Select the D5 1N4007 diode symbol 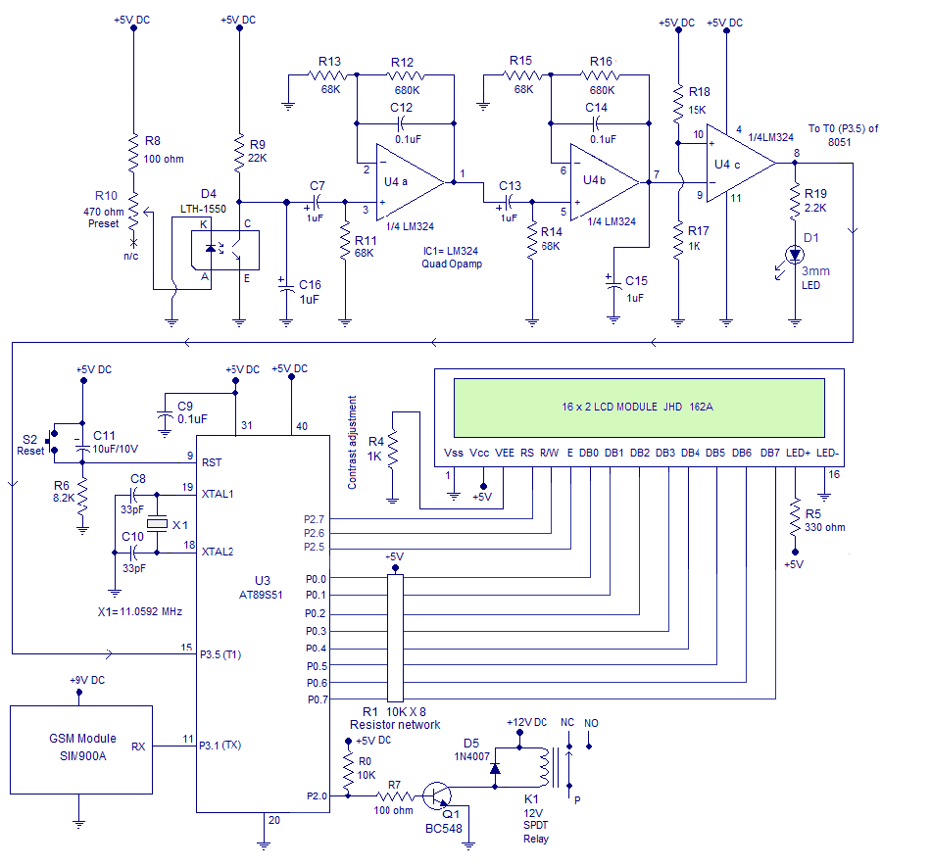(496, 769)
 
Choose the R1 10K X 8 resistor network (395, 637)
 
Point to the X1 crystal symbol (160, 526)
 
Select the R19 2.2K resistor (795, 202)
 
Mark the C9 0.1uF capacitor (164, 416)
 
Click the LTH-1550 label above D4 (206, 210)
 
